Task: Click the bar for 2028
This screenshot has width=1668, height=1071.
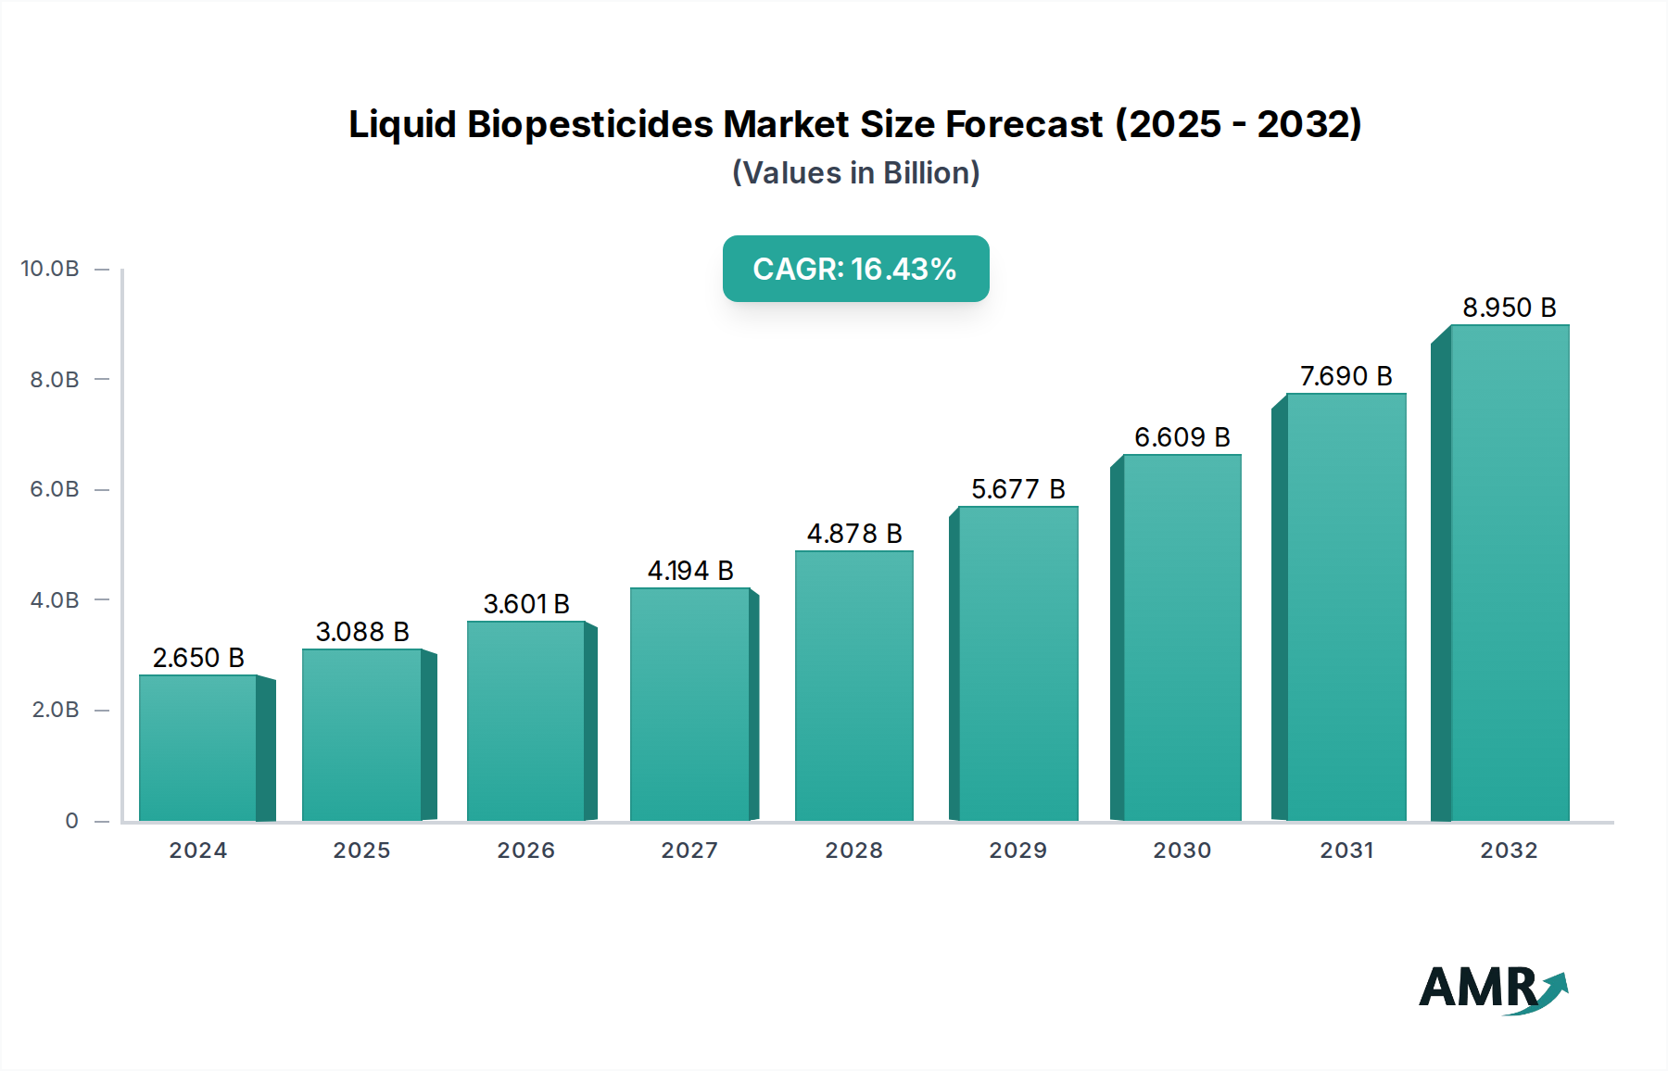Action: coord(853,686)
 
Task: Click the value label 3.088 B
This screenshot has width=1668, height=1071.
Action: coord(362,632)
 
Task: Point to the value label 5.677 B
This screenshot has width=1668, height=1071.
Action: coord(1017,489)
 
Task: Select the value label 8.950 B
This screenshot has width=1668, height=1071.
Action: coord(1509,308)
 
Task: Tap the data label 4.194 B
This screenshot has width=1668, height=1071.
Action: coord(690,571)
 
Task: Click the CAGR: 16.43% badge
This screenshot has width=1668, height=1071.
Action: coord(855,269)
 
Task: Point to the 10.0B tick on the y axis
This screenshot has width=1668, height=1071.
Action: coord(50,269)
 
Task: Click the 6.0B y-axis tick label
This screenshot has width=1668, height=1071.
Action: coord(55,489)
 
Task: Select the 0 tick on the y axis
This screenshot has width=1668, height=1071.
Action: coord(71,821)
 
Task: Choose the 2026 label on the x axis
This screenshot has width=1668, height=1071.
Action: coord(525,850)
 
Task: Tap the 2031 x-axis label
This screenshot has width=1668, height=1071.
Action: coord(1346,850)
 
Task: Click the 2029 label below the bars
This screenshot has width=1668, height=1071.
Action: coord(1017,850)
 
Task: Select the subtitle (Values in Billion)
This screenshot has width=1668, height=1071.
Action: coord(855,173)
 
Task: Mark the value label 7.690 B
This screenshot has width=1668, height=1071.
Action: coord(1346,376)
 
